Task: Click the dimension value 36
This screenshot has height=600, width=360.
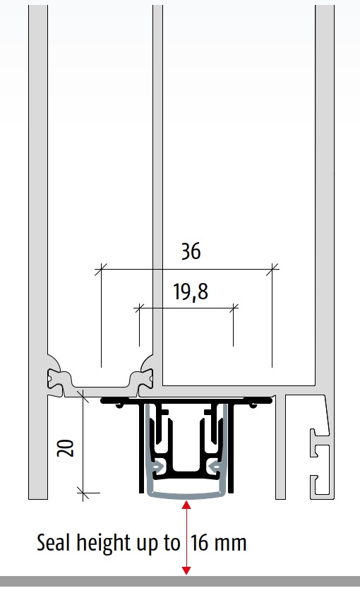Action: pos(191,251)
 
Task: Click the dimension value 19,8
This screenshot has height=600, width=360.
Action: pos(191,292)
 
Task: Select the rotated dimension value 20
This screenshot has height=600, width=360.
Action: pos(66,448)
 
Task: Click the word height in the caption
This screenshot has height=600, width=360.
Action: pos(103,544)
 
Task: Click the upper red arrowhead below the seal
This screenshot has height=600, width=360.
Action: pos(186,505)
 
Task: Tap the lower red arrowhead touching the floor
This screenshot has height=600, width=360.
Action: pos(186,570)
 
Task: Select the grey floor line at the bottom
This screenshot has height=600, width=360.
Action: pos(180,581)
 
